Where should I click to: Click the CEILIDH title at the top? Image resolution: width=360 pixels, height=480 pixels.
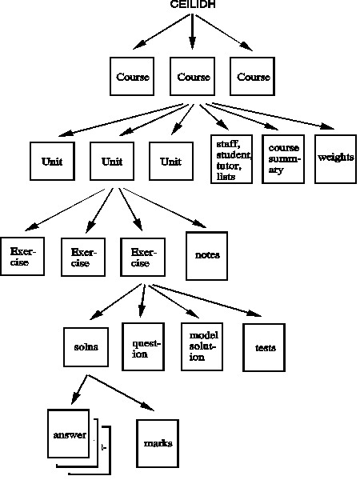pos(193,4)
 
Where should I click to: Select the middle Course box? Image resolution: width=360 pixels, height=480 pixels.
pos(192,76)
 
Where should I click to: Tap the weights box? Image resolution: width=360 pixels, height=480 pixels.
pos(335,159)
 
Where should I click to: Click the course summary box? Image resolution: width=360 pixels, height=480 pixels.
pos(283,159)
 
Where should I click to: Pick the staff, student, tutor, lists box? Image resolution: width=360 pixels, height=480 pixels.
pos(232,159)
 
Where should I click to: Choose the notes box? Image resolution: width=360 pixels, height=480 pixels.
pos(207,256)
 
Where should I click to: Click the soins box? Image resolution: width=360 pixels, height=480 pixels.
pos(86,347)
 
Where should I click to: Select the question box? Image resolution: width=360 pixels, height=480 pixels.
pos(143,347)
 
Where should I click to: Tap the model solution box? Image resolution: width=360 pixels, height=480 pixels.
pos(202,347)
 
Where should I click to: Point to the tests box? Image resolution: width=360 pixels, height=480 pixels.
pos(264,347)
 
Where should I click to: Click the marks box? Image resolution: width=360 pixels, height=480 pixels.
pos(158,443)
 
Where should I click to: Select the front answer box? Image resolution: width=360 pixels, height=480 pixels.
pos(69,434)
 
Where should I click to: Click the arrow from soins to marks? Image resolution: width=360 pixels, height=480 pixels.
pos(121,393)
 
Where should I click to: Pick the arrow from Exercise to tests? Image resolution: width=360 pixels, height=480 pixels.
pos(207,300)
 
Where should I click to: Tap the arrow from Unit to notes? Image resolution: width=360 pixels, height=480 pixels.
pos(165,208)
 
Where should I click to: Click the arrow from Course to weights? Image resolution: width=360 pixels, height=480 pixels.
pos(273,116)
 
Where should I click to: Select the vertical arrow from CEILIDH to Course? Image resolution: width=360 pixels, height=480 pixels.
pos(192,32)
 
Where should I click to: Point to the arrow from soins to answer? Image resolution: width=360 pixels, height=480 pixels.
pos(79,390)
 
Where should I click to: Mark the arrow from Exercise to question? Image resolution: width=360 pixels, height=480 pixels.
pos(142,301)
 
